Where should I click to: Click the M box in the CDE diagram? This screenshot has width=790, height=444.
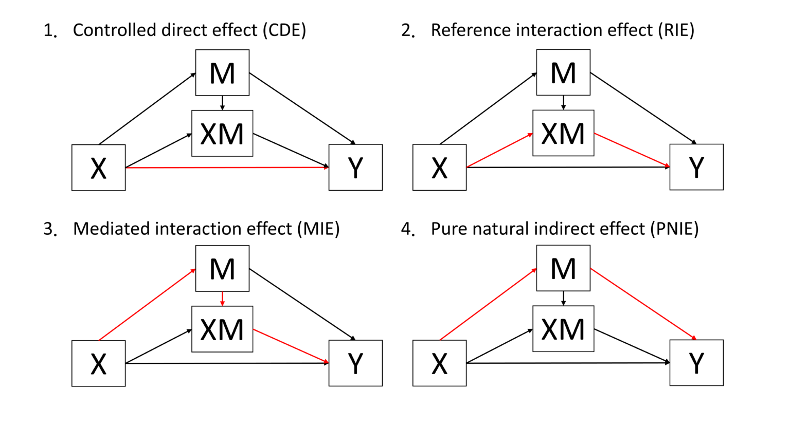pos(222,72)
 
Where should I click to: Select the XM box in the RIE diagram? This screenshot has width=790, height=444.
pos(563,133)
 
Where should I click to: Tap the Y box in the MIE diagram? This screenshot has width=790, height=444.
pos(355,363)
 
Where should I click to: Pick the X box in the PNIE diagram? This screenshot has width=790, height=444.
pos(439,363)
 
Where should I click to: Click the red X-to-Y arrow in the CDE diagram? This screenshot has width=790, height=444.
pos(226,168)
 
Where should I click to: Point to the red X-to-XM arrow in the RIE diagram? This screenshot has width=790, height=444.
pos(499,151)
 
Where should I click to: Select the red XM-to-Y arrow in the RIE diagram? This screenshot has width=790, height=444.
pos(632,150)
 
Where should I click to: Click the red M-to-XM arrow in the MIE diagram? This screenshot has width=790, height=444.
pos(222,299)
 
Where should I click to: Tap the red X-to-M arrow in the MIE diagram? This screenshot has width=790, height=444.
pos(147,304)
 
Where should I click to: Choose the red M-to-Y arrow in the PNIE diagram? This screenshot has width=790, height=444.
pos(643,304)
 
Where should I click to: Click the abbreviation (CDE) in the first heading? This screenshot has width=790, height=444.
pos(284,30)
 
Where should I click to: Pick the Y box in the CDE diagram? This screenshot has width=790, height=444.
pos(355,168)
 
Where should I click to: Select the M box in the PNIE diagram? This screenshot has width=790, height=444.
pos(563,268)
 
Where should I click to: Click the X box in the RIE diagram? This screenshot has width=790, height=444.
pos(439,168)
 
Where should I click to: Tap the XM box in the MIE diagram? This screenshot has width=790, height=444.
pos(222,329)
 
